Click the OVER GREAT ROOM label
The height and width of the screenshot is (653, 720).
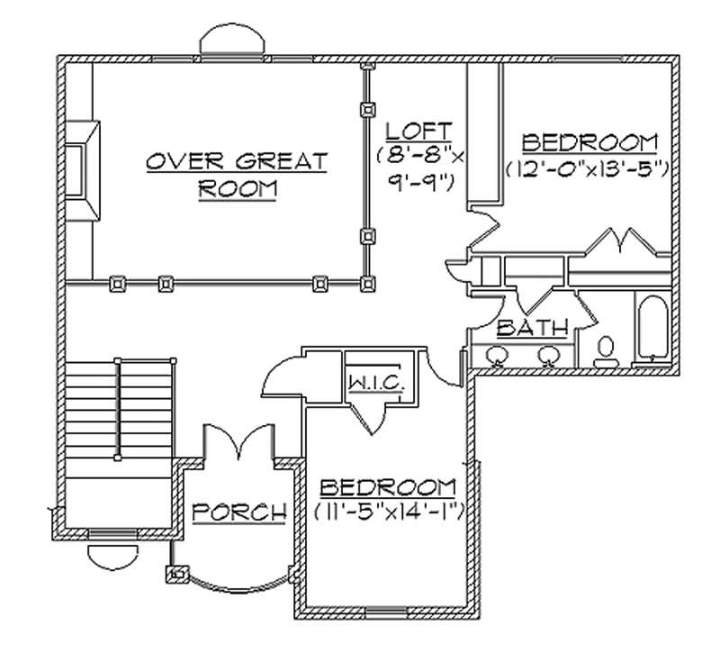tap(238, 176)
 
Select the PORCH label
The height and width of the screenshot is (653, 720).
tap(239, 512)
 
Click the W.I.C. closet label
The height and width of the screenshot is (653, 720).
tap(370, 384)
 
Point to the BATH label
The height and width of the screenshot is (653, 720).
tap(532, 328)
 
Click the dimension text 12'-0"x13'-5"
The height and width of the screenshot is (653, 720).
tap(586, 168)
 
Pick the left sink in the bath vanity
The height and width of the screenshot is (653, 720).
tap(495, 356)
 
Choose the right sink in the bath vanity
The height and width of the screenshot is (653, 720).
tap(546, 356)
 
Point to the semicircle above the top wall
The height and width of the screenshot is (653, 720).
tap(233, 42)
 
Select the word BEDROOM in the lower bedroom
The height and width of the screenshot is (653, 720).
tap(387, 488)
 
